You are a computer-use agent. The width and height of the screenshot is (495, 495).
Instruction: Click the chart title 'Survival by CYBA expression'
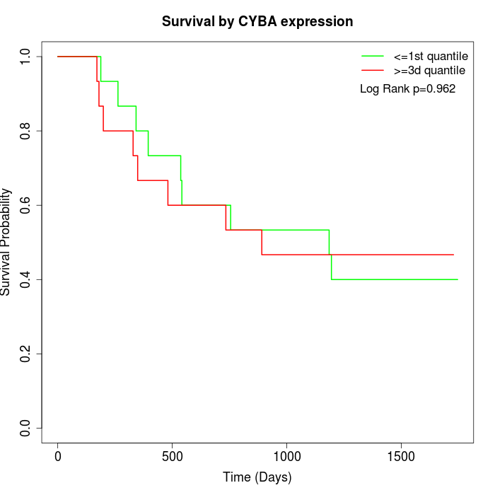[x=257, y=21]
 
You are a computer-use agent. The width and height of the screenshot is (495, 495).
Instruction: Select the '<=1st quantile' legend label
[x=430, y=55]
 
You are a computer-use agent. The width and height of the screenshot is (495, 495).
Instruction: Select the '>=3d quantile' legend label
[x=429, y=70]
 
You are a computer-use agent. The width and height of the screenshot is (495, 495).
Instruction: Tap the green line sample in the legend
[x=373, y=55]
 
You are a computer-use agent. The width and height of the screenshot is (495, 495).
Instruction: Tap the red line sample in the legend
[x=373, y=70]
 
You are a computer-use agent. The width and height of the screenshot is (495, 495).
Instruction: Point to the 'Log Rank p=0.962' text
[x=408, y=89]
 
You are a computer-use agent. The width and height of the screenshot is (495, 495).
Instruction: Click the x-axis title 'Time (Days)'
[x=257, y=477]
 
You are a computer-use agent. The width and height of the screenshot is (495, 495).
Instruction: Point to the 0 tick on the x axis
[x=58, y=456]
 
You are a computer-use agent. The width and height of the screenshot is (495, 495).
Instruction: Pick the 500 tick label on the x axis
[x=173, y=456]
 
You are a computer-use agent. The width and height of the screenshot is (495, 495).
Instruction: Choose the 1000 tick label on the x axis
[x=287, y=456]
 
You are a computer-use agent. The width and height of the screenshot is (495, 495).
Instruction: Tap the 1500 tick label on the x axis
[x=402, y=456]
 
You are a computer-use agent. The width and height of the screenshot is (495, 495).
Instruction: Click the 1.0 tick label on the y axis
[x=26, y=57]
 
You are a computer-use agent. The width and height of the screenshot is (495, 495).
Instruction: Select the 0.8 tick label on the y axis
[x=26, y=131]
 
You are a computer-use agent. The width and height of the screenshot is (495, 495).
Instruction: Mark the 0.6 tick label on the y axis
[x=26, y=205]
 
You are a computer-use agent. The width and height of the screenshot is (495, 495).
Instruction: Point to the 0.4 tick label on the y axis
[x=26, y=279]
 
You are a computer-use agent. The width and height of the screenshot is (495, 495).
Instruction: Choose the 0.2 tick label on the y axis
[x=26, y=354]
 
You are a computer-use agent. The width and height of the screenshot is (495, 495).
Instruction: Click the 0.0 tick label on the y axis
[x=26, y=428]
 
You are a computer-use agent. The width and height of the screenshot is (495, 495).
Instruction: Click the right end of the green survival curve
[x=458, y=279]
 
